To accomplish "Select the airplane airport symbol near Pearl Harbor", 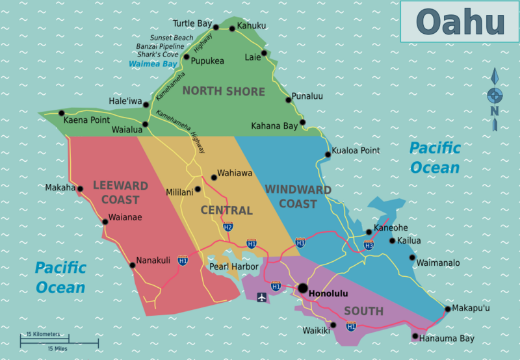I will click(x=262, y=298).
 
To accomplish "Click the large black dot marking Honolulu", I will click(x=302, y=288).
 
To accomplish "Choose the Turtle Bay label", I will click(x=192, y=24).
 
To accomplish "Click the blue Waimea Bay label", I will click(x=153, y=64).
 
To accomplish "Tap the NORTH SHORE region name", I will click(x=223, y=91).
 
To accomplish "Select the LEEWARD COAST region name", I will click(x=120, y=192).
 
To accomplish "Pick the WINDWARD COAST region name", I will click(x=298, y=196).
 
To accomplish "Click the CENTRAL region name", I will click(x=226, y=211).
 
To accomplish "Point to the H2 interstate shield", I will click(x=227, y=227).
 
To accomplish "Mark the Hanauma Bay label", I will click(x=448, y=339).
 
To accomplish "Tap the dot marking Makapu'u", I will click(x=448, y=309).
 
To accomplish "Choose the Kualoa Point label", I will click(x=356, y=151).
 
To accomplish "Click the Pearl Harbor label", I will click(x=233, y=266).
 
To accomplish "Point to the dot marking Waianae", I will click(x=105, y=222).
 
